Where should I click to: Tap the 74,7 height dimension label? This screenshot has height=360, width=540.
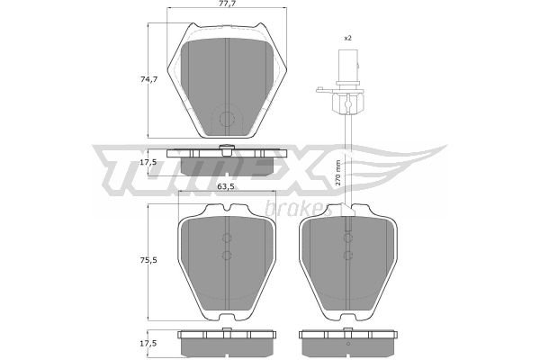click(x=149, y=79)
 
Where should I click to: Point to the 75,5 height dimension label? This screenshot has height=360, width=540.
click(x=148, y=260)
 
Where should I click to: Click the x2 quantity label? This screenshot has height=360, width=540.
click(x=347, y=38)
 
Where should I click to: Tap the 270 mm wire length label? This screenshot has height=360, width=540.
click(x=337, y=173)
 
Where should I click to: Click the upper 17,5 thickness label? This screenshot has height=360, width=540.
click(x=148, y=162)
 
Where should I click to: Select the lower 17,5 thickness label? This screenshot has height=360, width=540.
click(x=148, y=344)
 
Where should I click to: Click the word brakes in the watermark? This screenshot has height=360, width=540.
click(x=295, y=207)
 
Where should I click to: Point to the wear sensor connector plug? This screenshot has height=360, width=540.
click(x=348, y=67)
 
